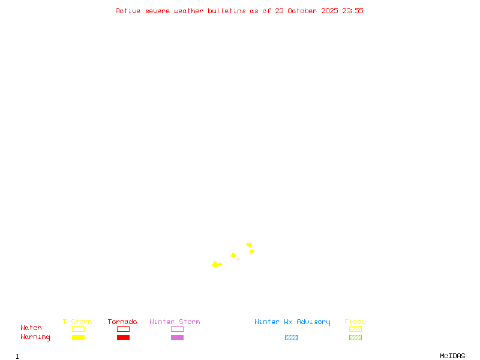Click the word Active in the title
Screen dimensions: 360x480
[128, 11]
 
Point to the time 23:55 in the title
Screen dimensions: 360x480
[353, 11]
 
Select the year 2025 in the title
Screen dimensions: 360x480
[330, 11]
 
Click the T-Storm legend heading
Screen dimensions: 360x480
[77, 322]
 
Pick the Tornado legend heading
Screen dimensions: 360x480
[122, 322]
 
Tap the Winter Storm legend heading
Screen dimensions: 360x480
[175, 322]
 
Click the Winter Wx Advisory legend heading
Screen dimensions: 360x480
[292, 322]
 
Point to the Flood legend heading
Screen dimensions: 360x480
[355, 322]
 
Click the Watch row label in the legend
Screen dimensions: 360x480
[31, 328]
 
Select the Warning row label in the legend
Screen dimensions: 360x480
[35, 337]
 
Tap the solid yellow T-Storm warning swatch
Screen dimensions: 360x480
[78, 338]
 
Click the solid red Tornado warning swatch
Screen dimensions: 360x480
[123, 338]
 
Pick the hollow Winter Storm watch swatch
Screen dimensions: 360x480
[177, 329]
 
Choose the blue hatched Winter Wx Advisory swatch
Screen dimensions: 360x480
[291, 338]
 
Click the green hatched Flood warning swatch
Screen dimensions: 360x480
[355, 338]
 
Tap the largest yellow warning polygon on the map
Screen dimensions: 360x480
[216, 264]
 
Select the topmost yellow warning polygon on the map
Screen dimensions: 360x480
[249, 245]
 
